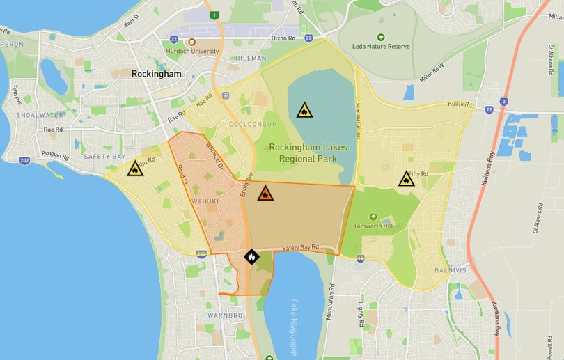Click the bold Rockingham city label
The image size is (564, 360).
coord(157,74)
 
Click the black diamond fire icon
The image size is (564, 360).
coord(251,257)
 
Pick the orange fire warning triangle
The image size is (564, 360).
coord(265,193)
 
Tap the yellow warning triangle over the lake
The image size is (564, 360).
coord(304,110)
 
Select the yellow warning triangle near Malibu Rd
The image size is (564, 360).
coord(135,168)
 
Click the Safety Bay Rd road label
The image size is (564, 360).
coord(300,247)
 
